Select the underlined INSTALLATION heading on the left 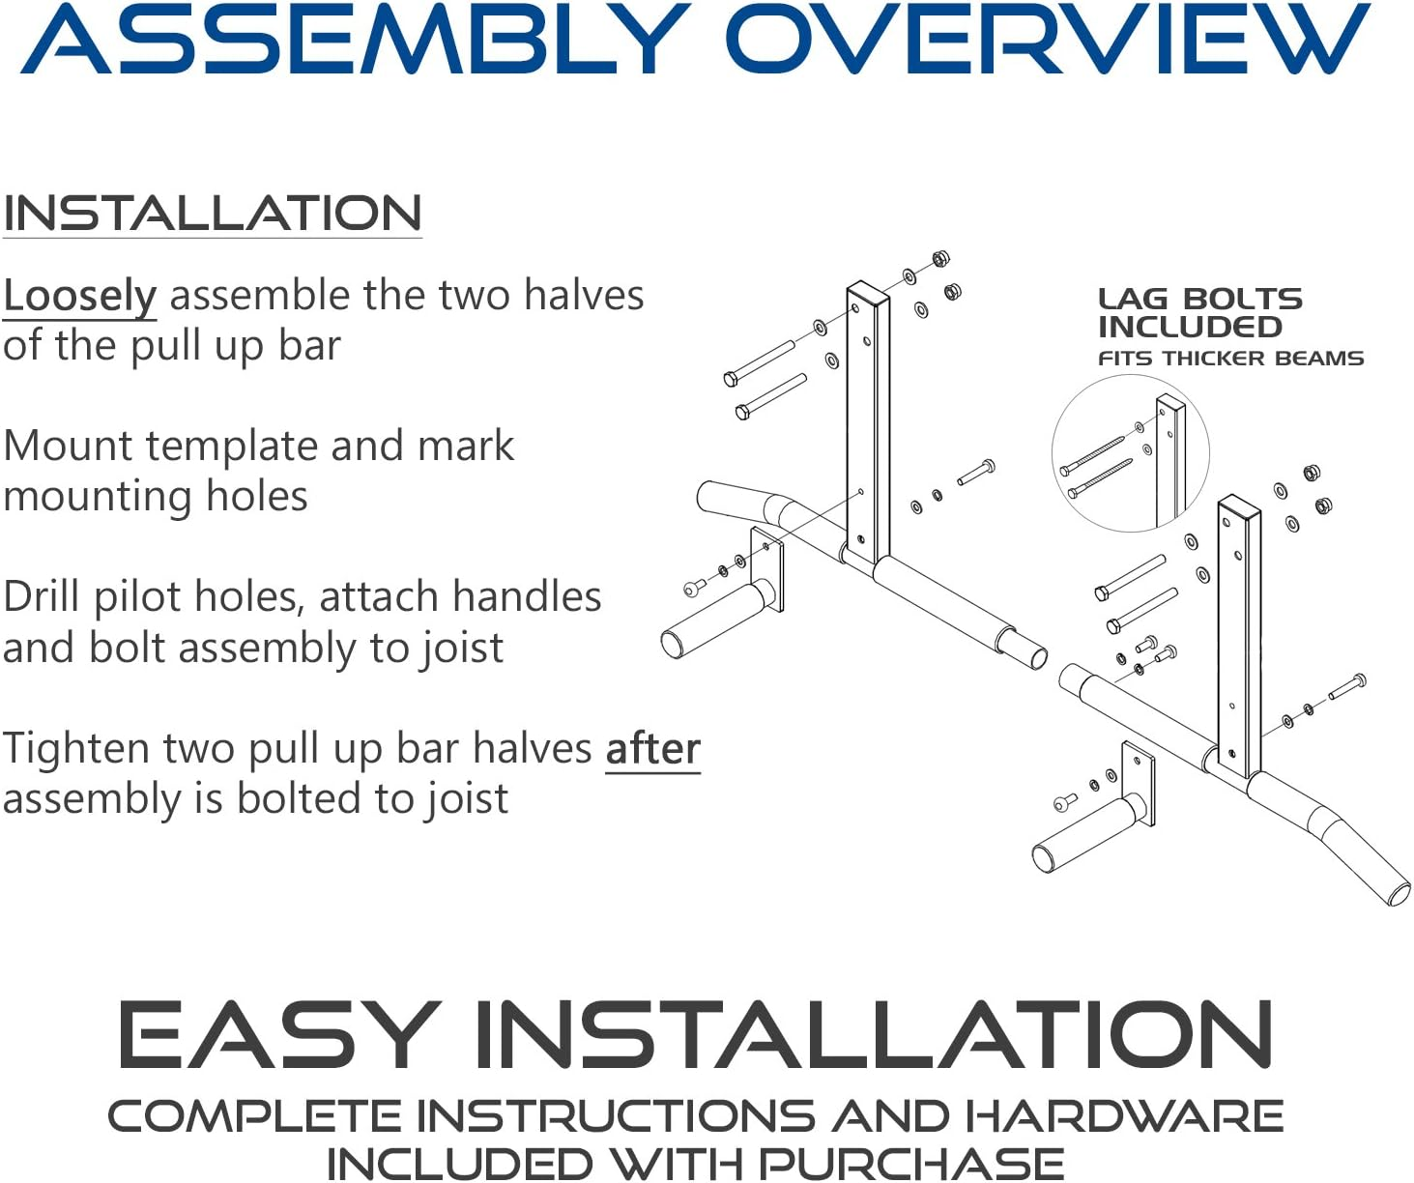point(212,214)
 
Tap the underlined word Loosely point(79,296)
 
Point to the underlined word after point(652,749)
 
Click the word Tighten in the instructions point(76,749)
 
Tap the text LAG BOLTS point(1199,299)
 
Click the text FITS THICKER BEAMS point(1230,359)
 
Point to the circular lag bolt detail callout point(1130,454)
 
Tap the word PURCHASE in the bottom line point(910,1163)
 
